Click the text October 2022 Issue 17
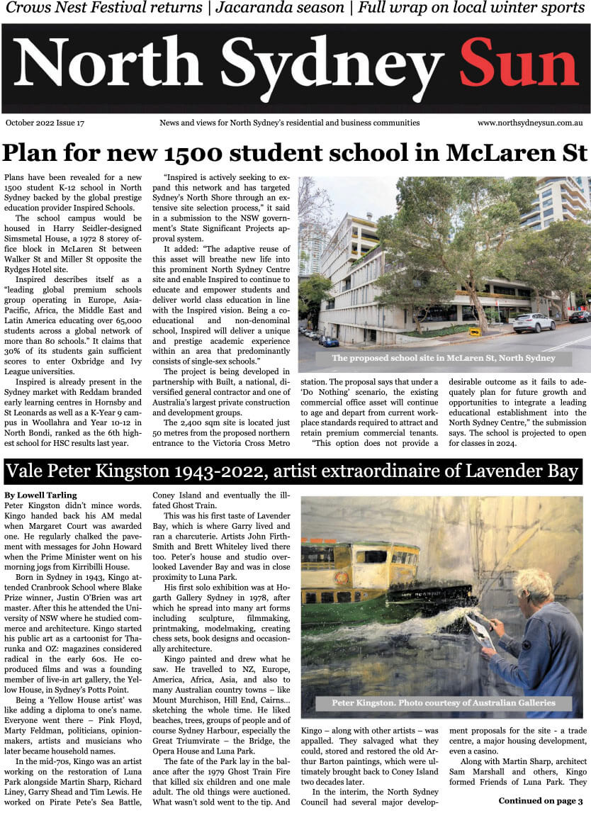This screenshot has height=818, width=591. (45, 123)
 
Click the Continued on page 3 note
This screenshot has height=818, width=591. (540, 801)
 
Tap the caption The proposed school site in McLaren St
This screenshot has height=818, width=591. (443, 358)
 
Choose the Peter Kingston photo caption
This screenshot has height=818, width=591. (443, 703)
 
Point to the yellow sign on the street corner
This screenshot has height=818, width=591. (474, 331)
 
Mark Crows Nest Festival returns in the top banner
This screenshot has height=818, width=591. (104, 9)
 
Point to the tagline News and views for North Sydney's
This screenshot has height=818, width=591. (289, 123)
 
